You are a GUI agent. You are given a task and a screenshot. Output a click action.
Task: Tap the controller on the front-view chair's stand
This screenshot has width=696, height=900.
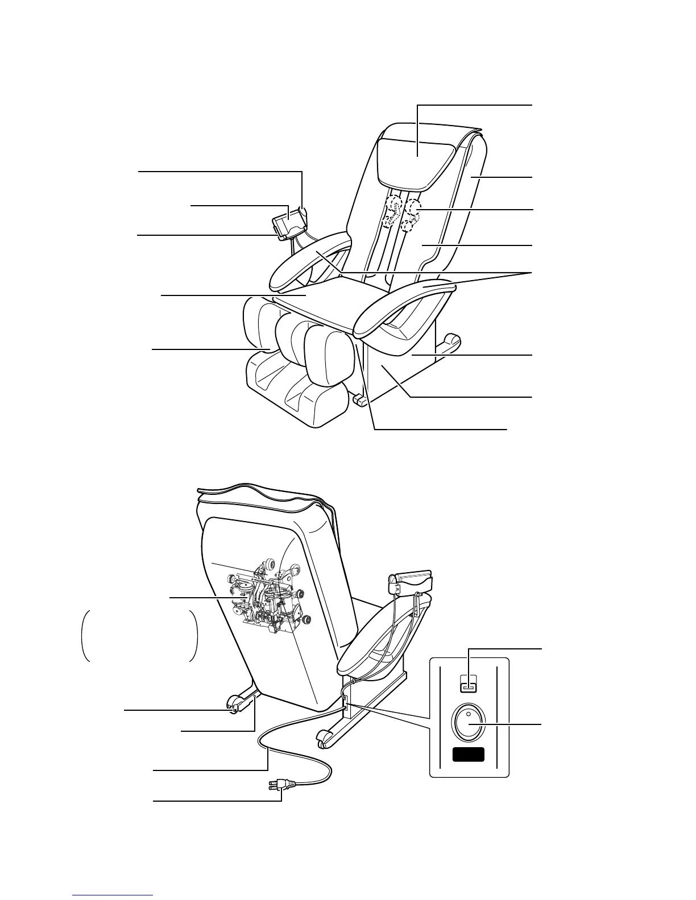(x=289, y=224)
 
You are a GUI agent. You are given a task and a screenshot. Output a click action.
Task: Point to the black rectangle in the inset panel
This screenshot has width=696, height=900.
(x=468, y=755)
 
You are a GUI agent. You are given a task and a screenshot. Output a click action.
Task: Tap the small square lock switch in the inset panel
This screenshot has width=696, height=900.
(x=469, y=688)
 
